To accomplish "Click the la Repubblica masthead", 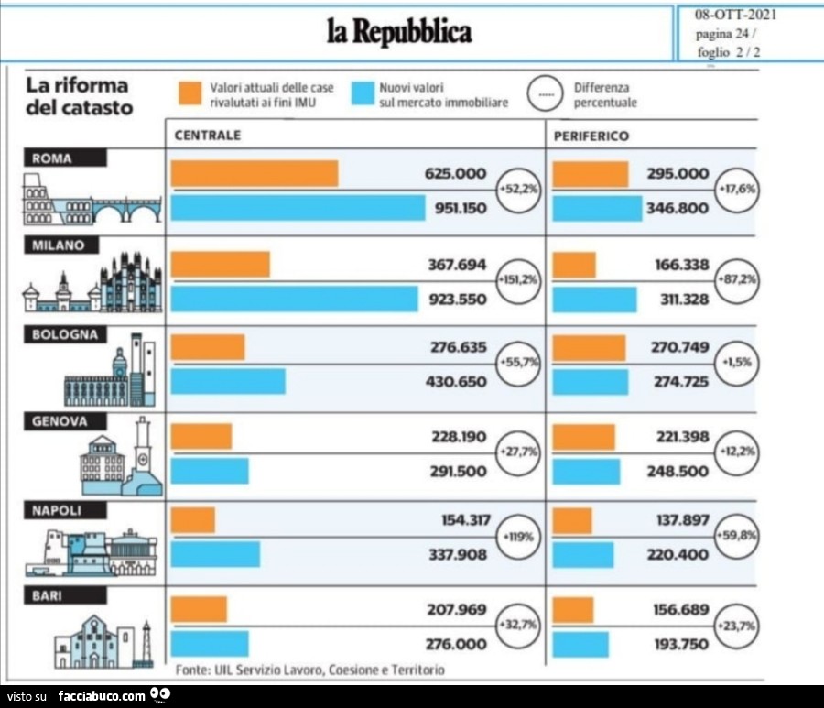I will (399, 32).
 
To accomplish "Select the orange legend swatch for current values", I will (190, 93).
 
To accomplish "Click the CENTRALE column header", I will (208, 135).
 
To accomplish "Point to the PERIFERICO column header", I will (591, 135).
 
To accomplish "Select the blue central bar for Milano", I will (295, 299).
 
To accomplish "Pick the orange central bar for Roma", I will (255, 173).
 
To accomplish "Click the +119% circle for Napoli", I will (517, 535).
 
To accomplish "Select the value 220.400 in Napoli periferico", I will (678, 554).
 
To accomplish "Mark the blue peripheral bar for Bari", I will (580, 644).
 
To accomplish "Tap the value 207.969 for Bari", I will (458, 609).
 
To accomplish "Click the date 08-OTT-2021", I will (736, 14).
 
